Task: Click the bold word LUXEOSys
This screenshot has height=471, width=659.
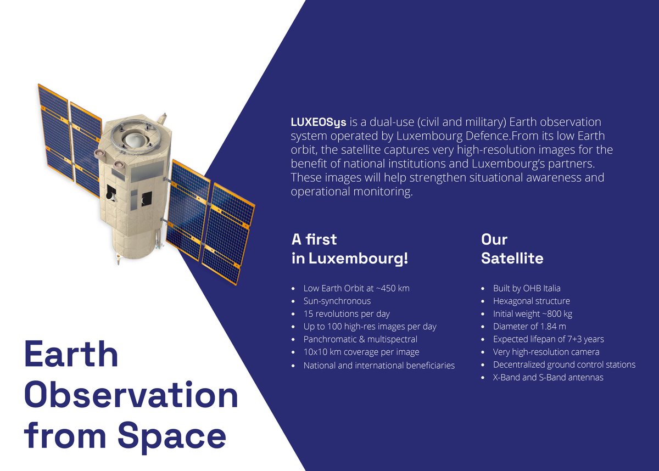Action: point(319,121)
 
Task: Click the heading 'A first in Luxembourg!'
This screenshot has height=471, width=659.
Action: point(350,249)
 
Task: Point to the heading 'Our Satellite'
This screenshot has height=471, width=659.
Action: point(512,249)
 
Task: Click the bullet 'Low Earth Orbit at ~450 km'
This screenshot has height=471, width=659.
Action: point(356,288)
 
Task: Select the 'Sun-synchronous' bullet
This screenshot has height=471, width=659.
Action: point(337,301)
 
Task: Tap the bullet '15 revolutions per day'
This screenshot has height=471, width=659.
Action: point(347,313)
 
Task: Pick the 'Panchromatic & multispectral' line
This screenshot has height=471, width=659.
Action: point(360,339)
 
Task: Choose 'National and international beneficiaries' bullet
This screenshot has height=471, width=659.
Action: point(379,365)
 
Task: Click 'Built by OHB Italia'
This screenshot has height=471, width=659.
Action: point(527,288)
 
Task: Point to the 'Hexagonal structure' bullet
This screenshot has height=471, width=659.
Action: point(531,301)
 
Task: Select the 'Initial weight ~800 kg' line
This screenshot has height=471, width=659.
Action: point(533,313)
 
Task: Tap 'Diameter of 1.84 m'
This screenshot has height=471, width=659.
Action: point(529,327)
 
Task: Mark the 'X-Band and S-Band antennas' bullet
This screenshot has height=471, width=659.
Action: point(548,378)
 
